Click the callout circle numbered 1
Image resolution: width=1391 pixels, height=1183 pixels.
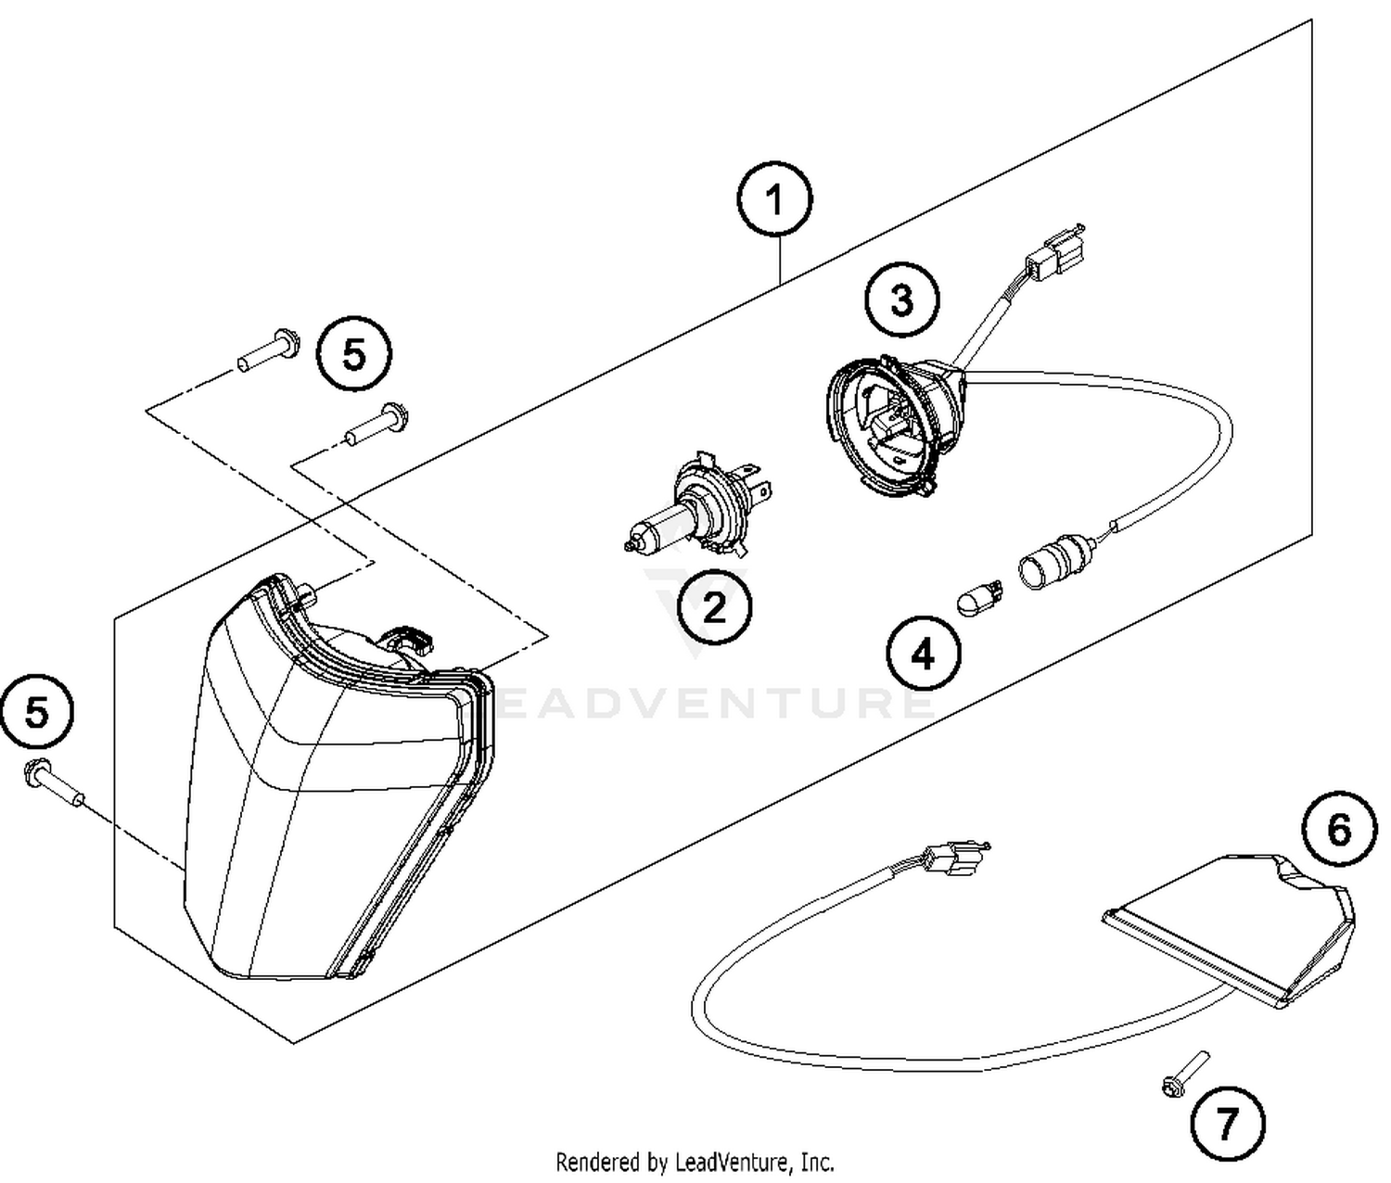point(774,200)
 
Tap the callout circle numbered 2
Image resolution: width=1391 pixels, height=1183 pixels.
point(714,607)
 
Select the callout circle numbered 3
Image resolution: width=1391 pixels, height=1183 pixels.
point(901,299)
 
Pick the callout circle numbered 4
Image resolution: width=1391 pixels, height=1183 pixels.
point(923,655)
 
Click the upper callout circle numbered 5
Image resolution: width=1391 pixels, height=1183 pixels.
point(354,354)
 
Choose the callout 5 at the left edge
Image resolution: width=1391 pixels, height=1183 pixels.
point(37,713)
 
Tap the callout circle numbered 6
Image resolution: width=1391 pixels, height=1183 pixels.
point(1339,830)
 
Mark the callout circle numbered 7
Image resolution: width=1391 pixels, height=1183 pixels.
point(1227,1125)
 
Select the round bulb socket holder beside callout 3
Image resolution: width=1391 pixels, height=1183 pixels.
point(890,422)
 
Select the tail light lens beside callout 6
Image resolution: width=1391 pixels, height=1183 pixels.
point(1233,927)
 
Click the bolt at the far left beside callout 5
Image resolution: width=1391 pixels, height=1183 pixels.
point(53,781)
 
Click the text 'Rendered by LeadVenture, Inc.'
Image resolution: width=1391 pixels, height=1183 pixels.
point(695,1161)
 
